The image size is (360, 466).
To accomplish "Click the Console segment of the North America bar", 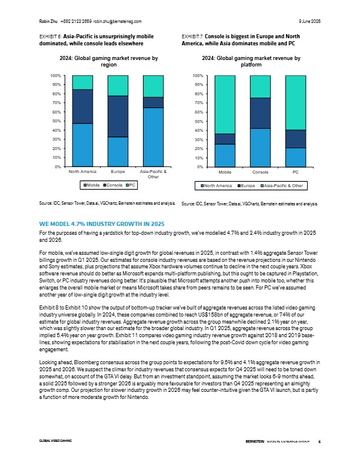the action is [82, 106].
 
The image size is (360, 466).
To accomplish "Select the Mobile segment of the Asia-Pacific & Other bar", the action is [154, 137].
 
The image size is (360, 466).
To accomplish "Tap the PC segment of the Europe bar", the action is [118, 85].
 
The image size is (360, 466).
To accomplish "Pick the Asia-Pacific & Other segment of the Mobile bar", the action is [225, 105].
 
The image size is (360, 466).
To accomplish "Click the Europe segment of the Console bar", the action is [260, 113].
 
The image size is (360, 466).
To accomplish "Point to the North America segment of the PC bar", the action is [295, 157].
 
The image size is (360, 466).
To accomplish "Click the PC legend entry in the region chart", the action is [131, 185].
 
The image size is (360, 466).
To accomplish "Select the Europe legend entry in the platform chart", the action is [246, 186].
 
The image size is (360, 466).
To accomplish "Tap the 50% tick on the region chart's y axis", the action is [56, 121].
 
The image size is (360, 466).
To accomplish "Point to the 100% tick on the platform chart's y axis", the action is [198, 76].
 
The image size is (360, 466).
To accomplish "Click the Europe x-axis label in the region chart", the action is [118, 171].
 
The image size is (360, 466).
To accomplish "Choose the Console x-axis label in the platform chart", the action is [260, 172].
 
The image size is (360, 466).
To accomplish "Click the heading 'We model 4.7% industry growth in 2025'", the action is [102, 224].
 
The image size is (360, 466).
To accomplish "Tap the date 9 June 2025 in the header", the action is [309, 21].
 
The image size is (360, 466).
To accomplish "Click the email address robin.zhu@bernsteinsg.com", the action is [117, 21].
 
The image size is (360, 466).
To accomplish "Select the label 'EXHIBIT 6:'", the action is [51, 36].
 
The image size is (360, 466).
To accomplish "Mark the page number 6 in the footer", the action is [319, 442].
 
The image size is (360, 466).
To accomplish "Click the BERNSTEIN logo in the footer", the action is [255, 442].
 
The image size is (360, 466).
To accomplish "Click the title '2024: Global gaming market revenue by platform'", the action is [251, 61].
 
